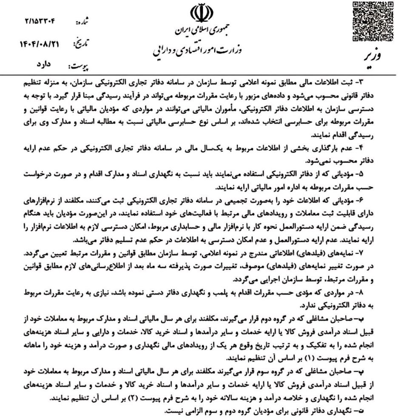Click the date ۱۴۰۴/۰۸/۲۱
(38, 43)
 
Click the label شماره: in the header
(81, 21)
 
